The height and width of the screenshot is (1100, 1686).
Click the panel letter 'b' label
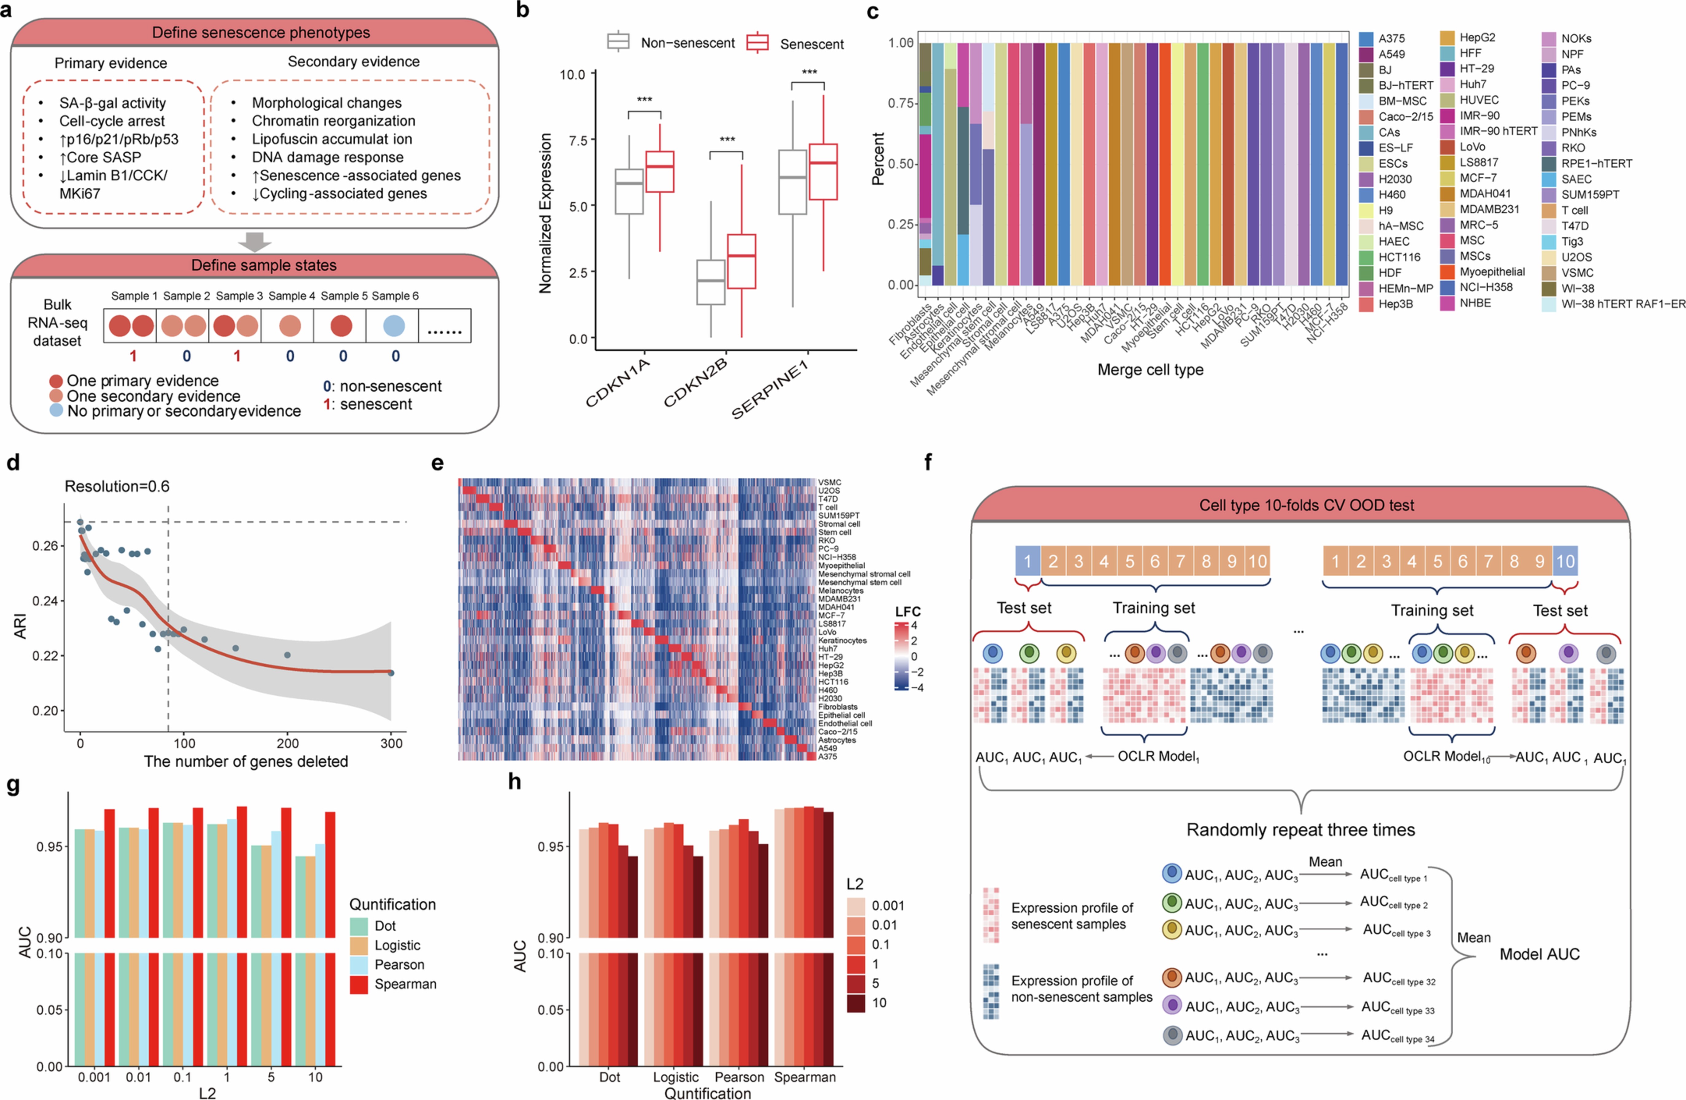523,11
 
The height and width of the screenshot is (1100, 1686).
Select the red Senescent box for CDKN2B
741,261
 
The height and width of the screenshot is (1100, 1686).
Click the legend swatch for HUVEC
1447,100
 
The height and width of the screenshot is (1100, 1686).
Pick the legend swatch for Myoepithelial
1447,272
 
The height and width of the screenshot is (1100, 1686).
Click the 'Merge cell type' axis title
1150,369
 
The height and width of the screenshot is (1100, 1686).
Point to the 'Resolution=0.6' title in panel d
117,486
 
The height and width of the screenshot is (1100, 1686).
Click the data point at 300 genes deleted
391,673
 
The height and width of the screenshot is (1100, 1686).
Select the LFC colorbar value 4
914,625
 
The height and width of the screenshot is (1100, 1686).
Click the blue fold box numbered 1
1027,561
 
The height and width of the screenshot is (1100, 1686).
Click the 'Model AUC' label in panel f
1539,954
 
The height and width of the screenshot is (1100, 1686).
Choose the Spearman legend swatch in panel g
359,985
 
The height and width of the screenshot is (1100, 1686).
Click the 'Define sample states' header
263,265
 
